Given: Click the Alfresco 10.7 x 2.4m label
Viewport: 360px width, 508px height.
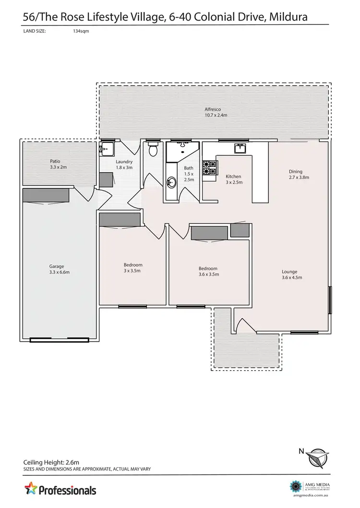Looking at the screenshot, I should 216,112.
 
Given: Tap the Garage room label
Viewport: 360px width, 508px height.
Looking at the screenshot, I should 56,269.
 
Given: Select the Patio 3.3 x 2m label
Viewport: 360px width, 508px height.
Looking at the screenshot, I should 58,165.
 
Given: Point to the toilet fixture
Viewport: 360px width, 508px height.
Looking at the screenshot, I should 154,150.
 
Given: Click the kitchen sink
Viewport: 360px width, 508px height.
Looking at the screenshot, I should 240,148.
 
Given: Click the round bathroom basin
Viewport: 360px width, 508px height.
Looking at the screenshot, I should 171,182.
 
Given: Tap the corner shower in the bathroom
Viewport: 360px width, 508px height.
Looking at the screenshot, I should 175,153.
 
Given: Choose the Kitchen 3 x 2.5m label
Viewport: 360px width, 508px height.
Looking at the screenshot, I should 234,179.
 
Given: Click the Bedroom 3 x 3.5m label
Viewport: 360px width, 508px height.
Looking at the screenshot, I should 133,268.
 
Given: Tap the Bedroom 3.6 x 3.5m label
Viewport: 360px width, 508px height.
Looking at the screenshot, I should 208,272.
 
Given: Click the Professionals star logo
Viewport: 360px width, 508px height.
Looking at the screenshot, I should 31,490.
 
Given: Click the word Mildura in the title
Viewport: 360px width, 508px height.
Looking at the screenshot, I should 289,18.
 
